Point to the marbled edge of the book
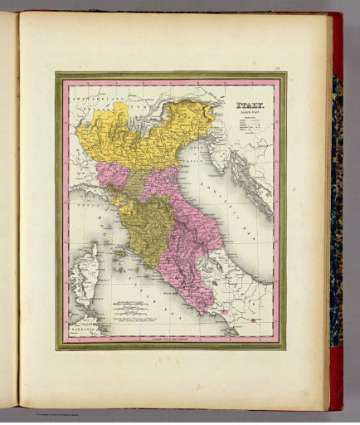pyautogui.click(x=337, y=208)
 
